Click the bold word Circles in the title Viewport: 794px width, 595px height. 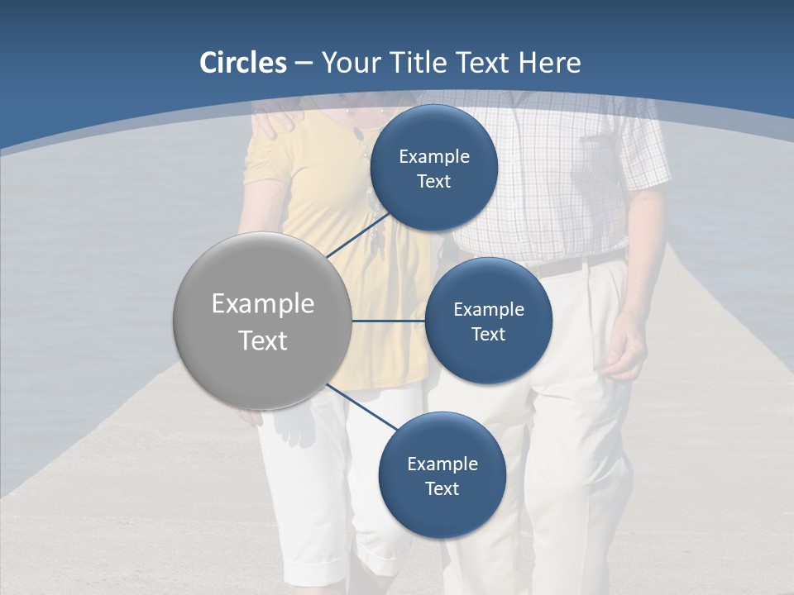point(243,63)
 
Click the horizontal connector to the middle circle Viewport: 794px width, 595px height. point(388,321)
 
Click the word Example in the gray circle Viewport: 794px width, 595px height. point(263,304)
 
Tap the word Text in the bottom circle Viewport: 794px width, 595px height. point(442,489)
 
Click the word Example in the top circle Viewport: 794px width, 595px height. point(434,157)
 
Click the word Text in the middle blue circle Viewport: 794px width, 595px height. point(488,335)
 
